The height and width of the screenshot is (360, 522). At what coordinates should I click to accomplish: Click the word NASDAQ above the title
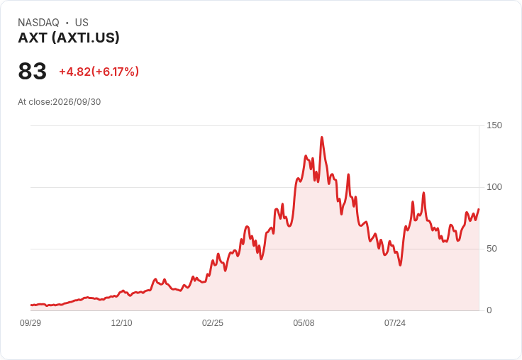coord(38,23)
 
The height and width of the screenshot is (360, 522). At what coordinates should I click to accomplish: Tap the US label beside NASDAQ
coord(82,23)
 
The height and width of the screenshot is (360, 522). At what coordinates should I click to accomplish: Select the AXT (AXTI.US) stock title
coord(69,38)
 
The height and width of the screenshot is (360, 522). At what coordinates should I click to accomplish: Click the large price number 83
coord(33,71)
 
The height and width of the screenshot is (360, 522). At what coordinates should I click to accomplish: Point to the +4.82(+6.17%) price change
coord(99,72)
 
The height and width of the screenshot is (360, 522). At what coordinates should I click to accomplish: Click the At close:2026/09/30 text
coord(60,102)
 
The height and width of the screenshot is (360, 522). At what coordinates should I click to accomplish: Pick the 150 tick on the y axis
coord(494,125)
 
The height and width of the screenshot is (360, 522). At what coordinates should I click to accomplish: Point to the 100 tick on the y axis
coord(494,187)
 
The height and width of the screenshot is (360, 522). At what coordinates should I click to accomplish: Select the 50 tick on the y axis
coord(492,249)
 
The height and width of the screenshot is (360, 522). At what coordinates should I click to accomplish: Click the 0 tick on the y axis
coord(489,310)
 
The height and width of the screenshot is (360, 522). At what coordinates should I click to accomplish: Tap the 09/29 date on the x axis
coord(30,323)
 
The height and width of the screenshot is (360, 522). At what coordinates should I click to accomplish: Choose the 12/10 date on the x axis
coord(121,323)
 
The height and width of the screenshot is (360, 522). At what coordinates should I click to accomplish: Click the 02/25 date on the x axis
coord(213,323)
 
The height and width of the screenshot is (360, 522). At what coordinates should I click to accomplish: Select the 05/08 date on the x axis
coord(304,323)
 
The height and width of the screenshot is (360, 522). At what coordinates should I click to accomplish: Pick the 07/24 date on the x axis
coord(395,323)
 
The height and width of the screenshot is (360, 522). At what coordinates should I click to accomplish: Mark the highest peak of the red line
coord(321,137)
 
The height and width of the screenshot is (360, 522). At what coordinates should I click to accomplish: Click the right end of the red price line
coord(479,209)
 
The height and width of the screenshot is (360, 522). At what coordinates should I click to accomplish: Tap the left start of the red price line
coord(31,305)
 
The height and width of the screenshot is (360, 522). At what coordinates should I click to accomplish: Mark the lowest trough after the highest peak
coord(400,265)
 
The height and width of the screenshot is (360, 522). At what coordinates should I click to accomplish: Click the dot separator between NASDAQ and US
coord(67,23)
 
